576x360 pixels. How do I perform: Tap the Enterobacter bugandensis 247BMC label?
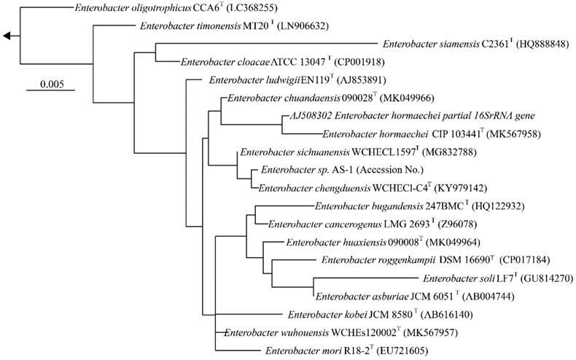click(x=394, y=206)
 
